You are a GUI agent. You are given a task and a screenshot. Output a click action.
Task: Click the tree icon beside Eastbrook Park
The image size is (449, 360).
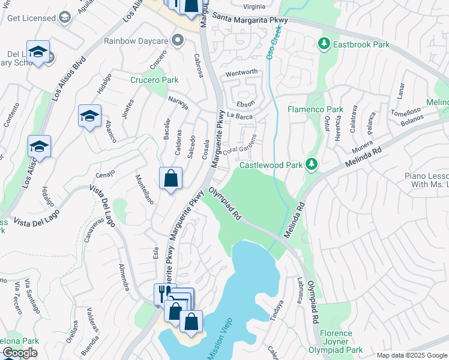324,44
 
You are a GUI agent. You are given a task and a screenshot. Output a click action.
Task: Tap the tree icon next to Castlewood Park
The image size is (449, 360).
311,164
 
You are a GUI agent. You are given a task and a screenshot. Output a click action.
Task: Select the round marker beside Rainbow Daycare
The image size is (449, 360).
176,41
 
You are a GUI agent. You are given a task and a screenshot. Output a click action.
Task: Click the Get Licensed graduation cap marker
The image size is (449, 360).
64,17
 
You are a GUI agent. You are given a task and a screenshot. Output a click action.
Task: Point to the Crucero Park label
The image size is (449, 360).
154,80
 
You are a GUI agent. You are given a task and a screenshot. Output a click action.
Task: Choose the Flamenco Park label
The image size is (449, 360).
315,110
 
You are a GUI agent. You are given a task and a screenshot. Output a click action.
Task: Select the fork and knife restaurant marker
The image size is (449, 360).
162,293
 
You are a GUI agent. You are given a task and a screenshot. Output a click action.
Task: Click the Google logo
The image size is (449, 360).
20,353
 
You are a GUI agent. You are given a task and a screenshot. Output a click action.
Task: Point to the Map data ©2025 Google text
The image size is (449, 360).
412,355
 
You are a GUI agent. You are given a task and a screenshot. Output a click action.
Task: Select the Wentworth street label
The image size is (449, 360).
241,73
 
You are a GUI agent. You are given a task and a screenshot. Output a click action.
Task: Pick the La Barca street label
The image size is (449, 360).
240,116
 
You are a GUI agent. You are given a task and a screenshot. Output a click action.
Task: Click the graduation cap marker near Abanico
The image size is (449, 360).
89,116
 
